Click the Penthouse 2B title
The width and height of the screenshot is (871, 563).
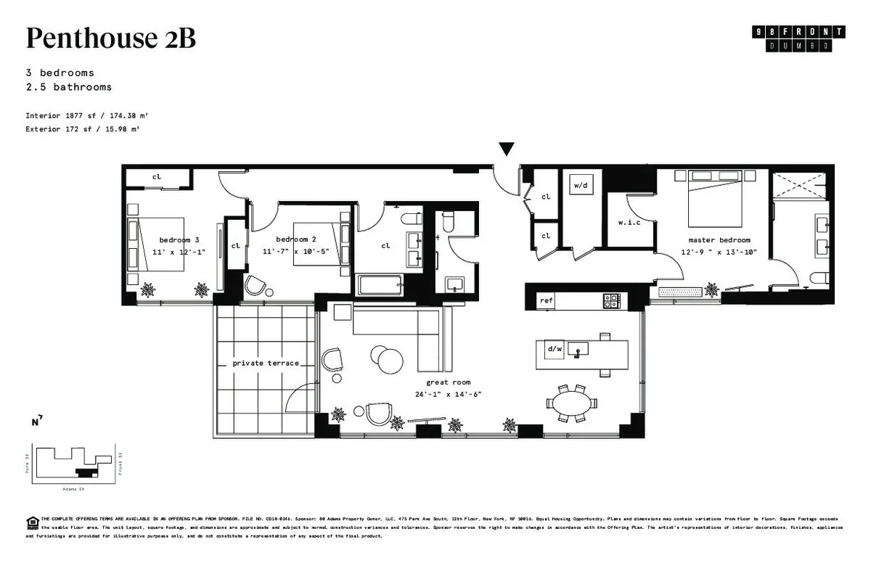point(110,38)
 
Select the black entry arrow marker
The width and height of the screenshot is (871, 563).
point(507,149)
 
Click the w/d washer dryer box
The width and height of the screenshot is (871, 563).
point(581,186)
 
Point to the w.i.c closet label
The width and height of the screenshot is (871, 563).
point(629,222)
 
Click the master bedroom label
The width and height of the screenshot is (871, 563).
point(719,239)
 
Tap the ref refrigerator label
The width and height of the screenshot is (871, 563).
point(545,300)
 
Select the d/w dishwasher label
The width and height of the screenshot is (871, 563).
point(555,349)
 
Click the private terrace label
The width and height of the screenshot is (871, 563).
point(266,363)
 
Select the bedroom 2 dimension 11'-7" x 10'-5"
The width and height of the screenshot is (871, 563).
point(295,251)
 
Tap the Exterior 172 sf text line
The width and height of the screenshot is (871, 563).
point(82,128)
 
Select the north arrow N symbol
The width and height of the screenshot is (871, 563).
point(36,422)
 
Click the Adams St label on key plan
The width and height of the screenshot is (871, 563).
point(73,489)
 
